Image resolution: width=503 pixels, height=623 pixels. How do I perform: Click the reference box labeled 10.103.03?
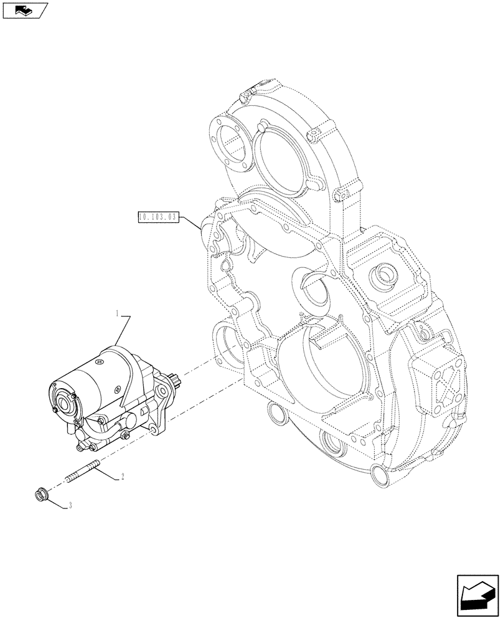[156, 217]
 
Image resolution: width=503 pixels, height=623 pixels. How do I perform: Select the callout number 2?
[123, 477]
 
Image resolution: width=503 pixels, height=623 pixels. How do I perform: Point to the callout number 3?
[70, 506]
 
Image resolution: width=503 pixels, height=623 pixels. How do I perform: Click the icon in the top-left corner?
[26, 11]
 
